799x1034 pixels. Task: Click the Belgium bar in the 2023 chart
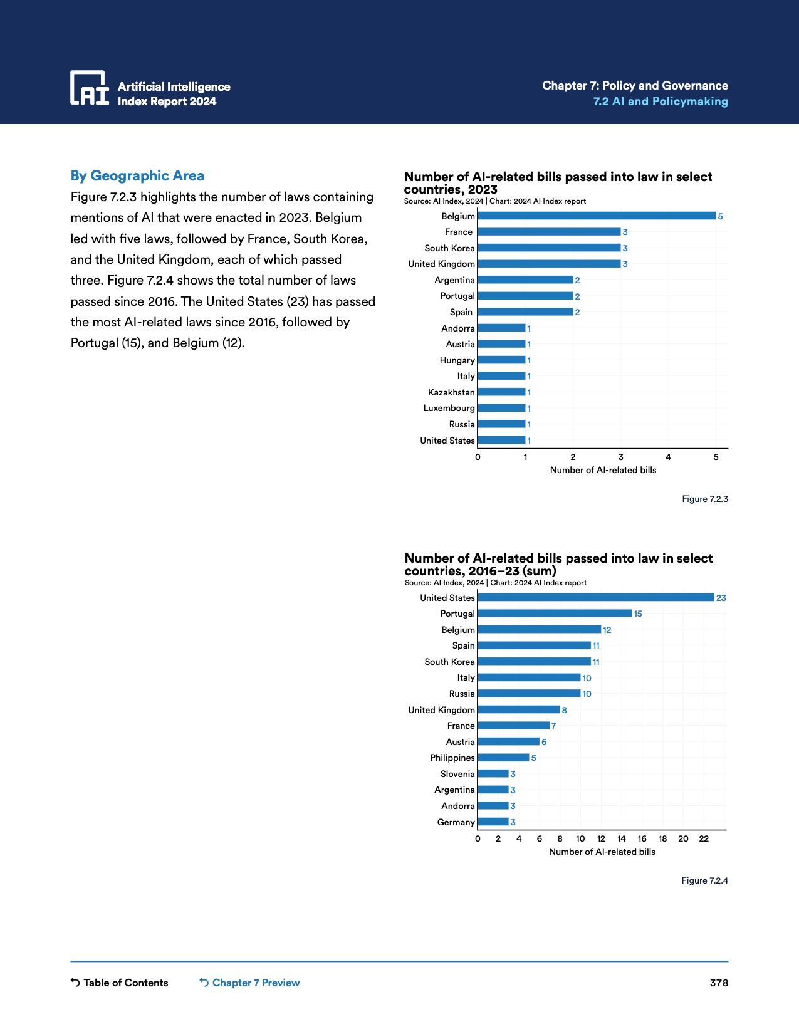point(596,216)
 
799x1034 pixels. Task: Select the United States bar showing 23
point(595,598)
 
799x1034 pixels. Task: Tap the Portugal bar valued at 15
point(555,614)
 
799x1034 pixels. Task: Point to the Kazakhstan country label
point(451,392)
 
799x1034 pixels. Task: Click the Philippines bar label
point(452,758)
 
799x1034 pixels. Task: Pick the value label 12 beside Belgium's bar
point(607,630)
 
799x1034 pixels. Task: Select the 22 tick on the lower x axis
point(704,838)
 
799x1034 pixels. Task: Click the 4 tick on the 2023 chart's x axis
point(669,457)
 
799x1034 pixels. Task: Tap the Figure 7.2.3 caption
point(705,499)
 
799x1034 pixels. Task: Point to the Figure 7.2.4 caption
point(705,880)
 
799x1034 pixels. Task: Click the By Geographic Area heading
point(137,176)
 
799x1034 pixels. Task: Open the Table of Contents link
point(120,983)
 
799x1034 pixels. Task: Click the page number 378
point(719,983)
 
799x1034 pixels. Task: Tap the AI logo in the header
point(90,88)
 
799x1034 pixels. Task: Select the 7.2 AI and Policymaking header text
point(661,102)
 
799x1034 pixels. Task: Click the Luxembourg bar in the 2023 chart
point(501,408)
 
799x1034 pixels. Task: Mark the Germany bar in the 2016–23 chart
point(493,822)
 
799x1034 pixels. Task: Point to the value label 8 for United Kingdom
point(564,710)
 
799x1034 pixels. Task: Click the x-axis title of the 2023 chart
point(603,470)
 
